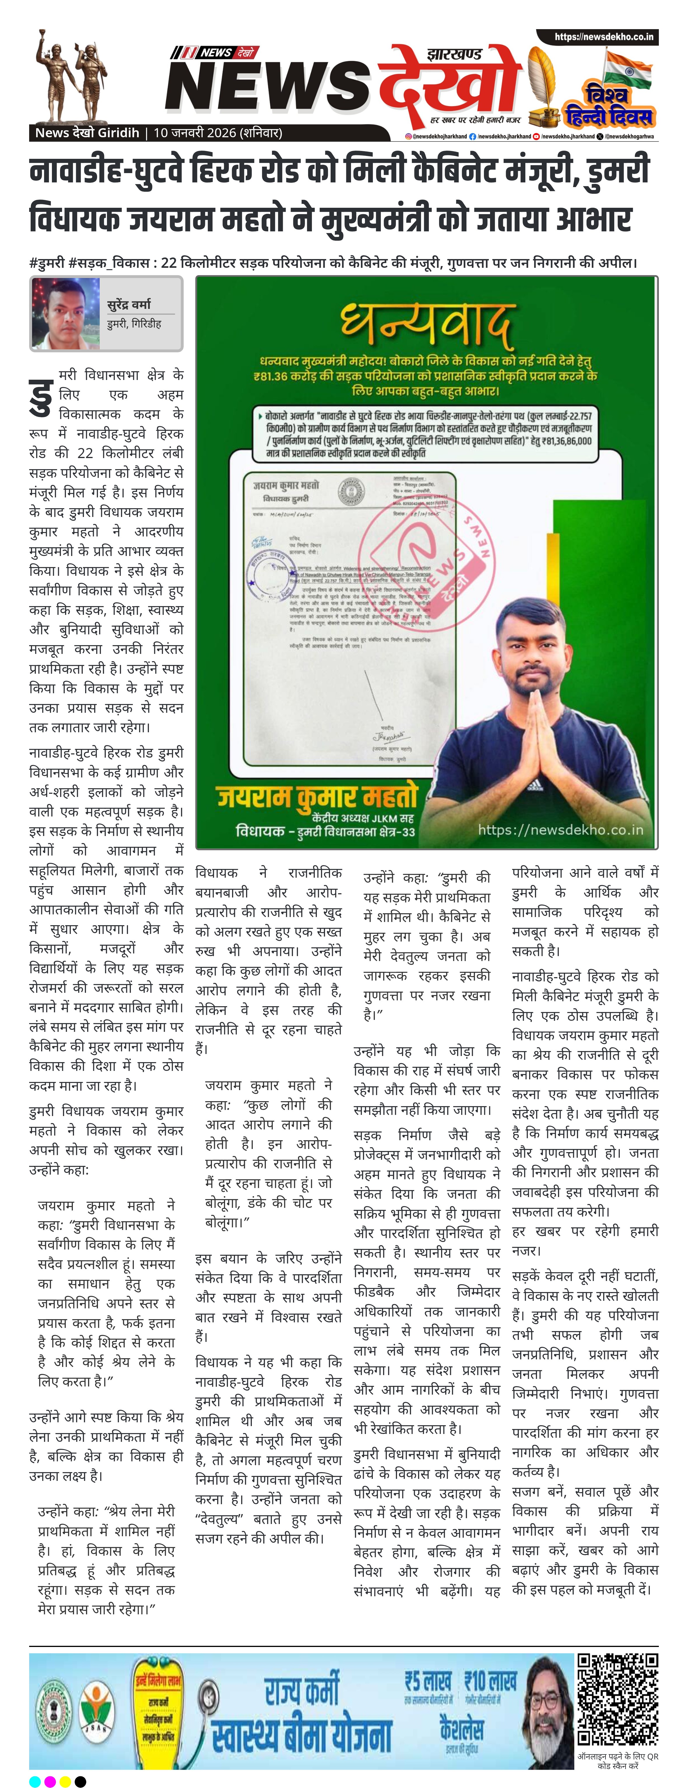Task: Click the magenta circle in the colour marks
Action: (50, 1781)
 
